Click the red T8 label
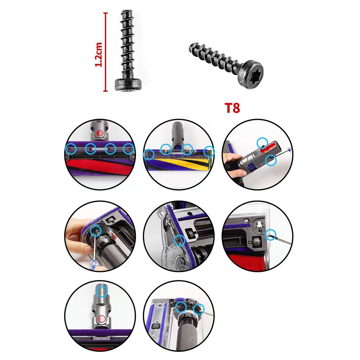coord(232,108)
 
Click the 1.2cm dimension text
coord(98,54)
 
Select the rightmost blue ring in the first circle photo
coord(128,148)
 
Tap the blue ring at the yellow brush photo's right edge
coord(209,151)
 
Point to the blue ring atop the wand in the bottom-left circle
coord(102,290)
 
